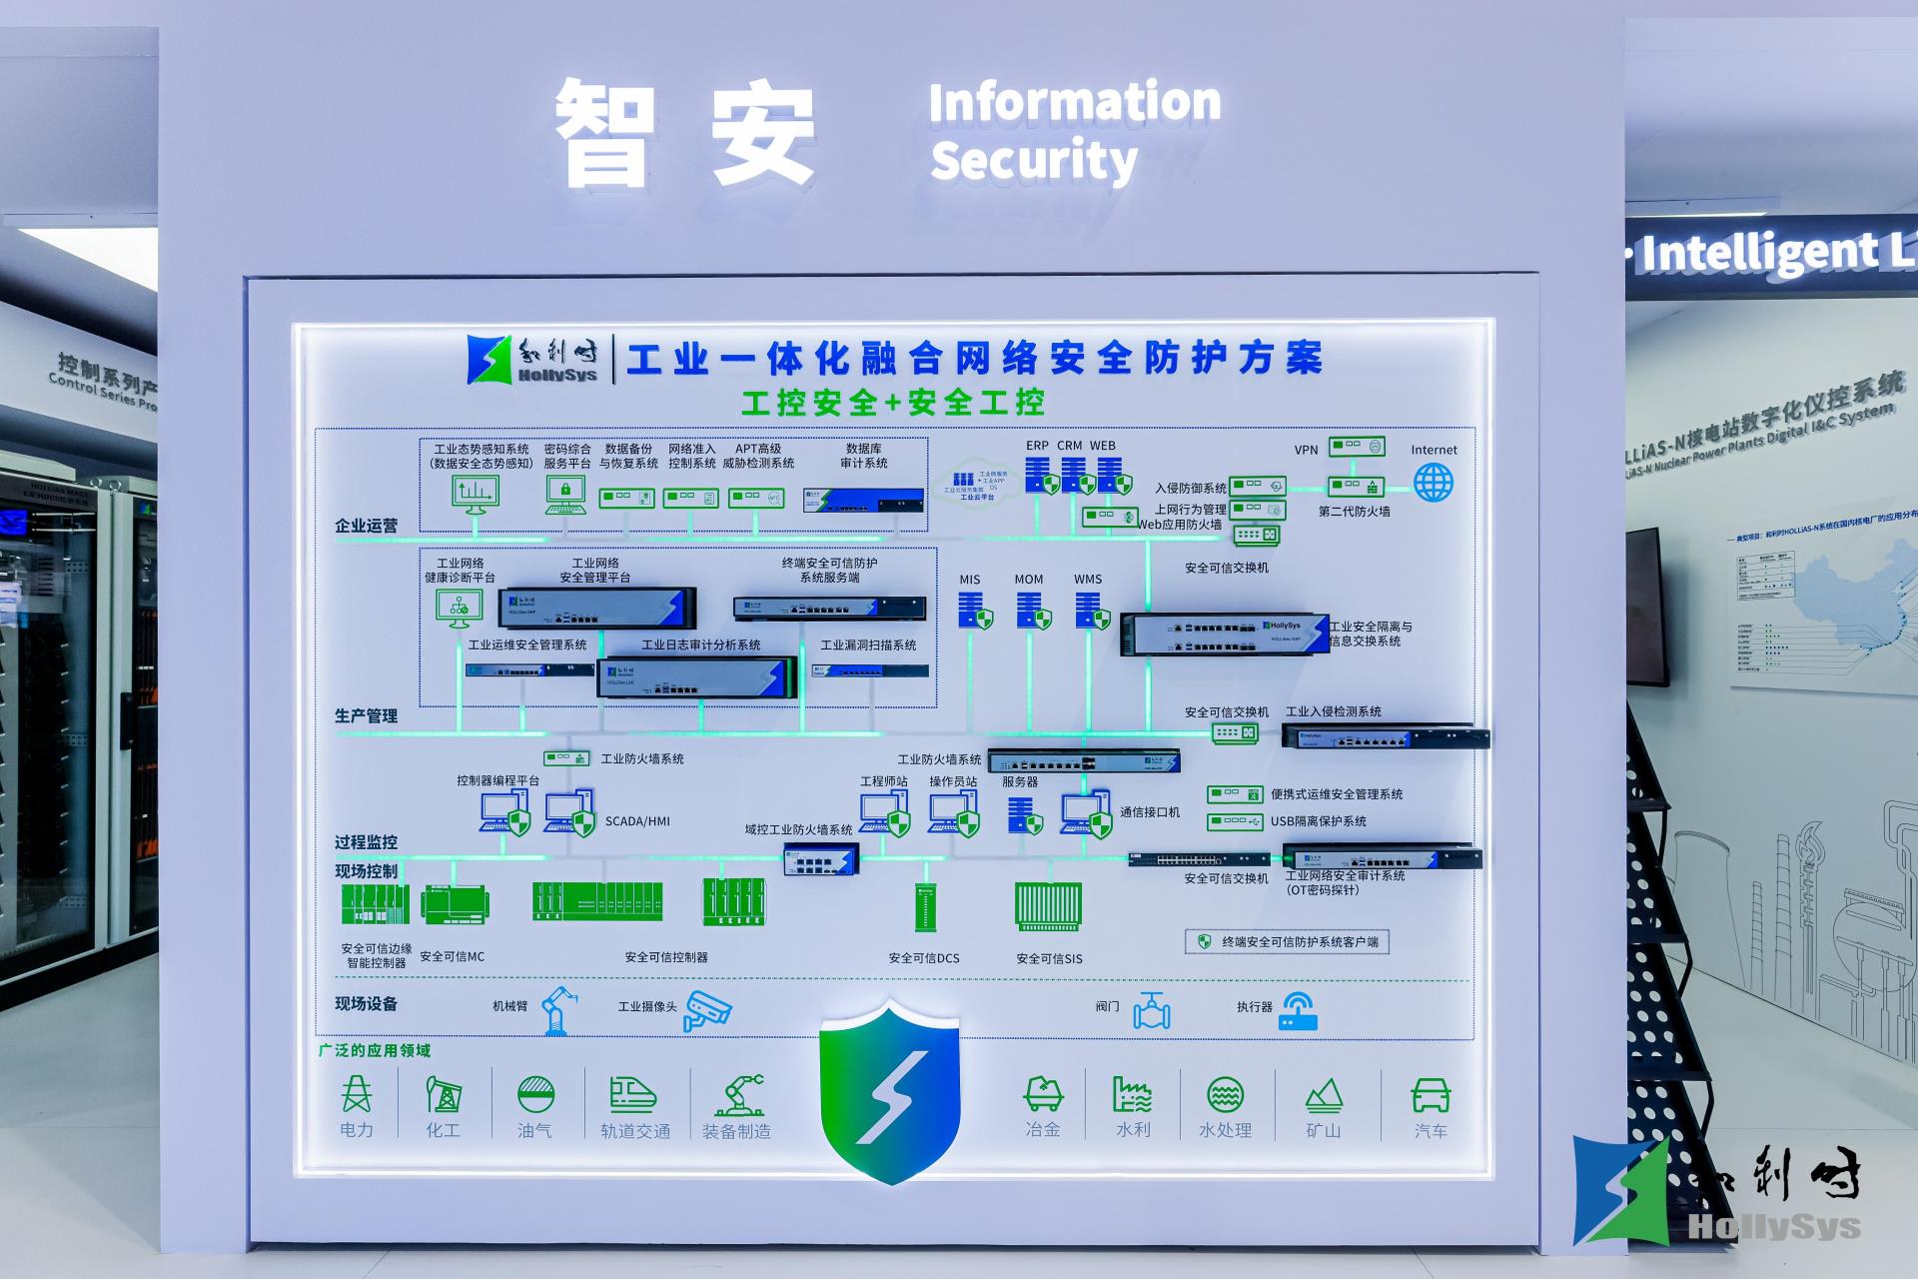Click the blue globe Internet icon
[x=1433, y=483]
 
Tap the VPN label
[x=1306, y=450]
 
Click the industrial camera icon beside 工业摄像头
[x=707, y=1009]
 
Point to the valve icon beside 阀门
[x=1152, y=1010]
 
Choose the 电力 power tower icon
[x=357, y=1095]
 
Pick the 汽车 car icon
[x=1431, y=1095]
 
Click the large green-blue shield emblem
[x=889, y=1089]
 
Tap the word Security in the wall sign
[x=1034, y=161]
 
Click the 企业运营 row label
[x=366, y=526]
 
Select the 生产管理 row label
[x=366, y=715]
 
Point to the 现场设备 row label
[x=366, y=1003]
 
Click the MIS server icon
[x=974, y=611]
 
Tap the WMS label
[x=1088, y=580]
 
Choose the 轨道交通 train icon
[x=633, y=1095]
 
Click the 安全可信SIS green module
[x=1048, y=905]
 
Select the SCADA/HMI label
[x=637, y=821]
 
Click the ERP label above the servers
[x=1037, y=446]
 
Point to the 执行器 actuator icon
[x=1298, y=1010]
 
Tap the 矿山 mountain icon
[x=1324, y=1095]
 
